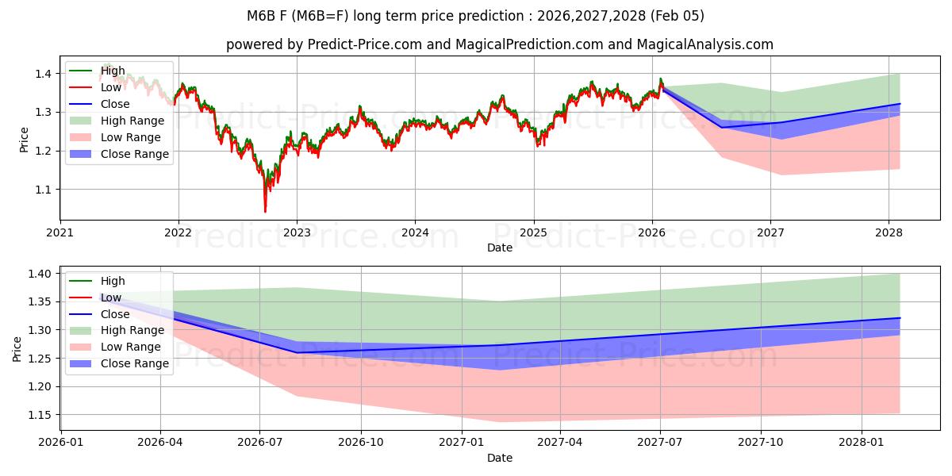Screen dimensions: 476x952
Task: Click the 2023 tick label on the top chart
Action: coord(297,233)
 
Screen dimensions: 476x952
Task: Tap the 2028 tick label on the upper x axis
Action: coord(889,233)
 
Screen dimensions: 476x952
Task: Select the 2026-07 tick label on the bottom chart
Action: coord(260,442)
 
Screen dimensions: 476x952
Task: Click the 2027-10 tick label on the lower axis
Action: coord(761,442)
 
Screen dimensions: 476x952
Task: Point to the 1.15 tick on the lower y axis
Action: coord(37,415)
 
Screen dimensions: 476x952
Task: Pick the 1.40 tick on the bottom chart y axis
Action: coord(37,274)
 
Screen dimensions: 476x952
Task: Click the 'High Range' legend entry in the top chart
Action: coord(132,121)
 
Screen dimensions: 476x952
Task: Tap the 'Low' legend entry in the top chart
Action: coord(112,87)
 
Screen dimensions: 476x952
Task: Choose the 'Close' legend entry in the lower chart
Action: coord(115,314)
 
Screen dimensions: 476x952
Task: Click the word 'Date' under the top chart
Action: coord(500,248)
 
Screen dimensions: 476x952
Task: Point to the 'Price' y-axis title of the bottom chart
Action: coord(17,348)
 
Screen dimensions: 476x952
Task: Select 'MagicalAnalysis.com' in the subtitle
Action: coord(710,44)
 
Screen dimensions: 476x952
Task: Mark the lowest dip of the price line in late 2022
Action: coord(265,211)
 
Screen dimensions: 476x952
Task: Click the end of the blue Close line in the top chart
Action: coord(900,104)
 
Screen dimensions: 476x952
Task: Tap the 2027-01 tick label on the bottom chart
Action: coord(461,442)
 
